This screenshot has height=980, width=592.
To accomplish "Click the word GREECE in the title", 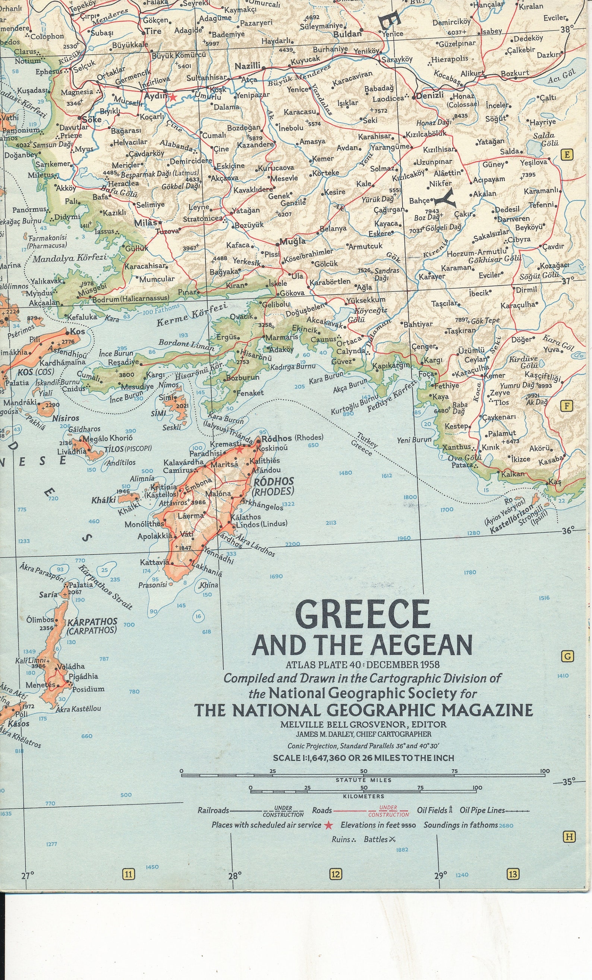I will [362, 614].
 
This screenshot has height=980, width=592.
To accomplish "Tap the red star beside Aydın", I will [172, 97].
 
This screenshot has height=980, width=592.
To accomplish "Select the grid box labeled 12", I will [336, 874].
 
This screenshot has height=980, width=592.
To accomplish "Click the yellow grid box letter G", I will [567, 656].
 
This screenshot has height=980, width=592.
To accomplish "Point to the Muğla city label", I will [293, 241].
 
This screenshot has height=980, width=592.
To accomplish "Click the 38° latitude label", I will [567, 29].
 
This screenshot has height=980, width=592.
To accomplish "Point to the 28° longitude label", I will [235, 876].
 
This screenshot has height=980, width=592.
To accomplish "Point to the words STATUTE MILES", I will [363, 780].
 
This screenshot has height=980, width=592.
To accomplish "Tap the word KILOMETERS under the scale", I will [363, 796].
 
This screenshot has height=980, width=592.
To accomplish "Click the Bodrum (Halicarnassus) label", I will [130, 298].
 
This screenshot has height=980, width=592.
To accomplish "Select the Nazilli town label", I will [247, 66].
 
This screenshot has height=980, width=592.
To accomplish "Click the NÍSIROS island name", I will [66, 418].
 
